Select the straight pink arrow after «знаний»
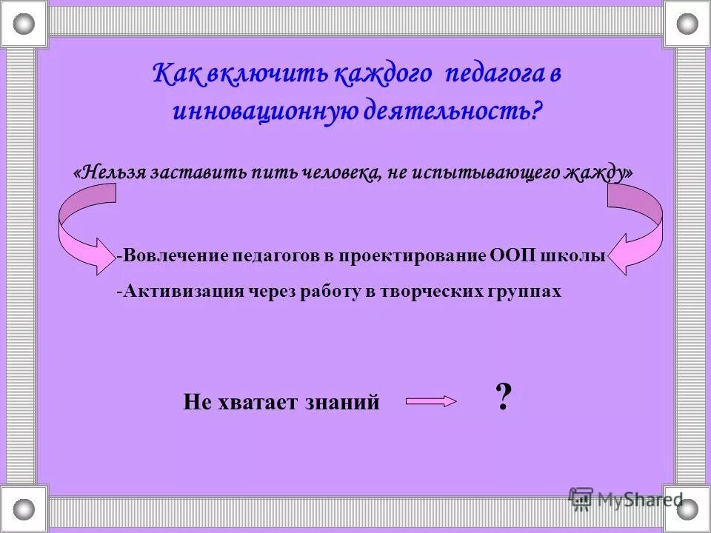pyautogui.click(x=430, y=401)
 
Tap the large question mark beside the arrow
pyautogui.click(x=503, y=399)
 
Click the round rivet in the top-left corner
pyautogui.click(x=24, y=24)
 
